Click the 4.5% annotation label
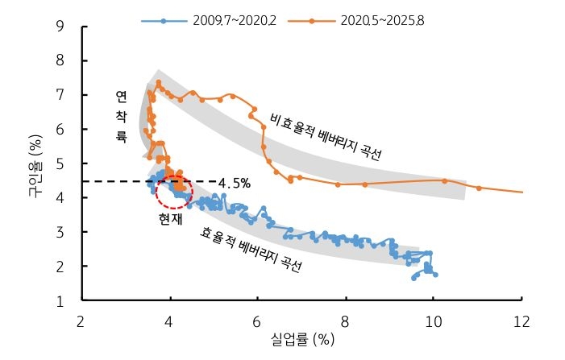[234, 183]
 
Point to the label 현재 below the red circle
[171, 217]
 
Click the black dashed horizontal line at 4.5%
[113, 181]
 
